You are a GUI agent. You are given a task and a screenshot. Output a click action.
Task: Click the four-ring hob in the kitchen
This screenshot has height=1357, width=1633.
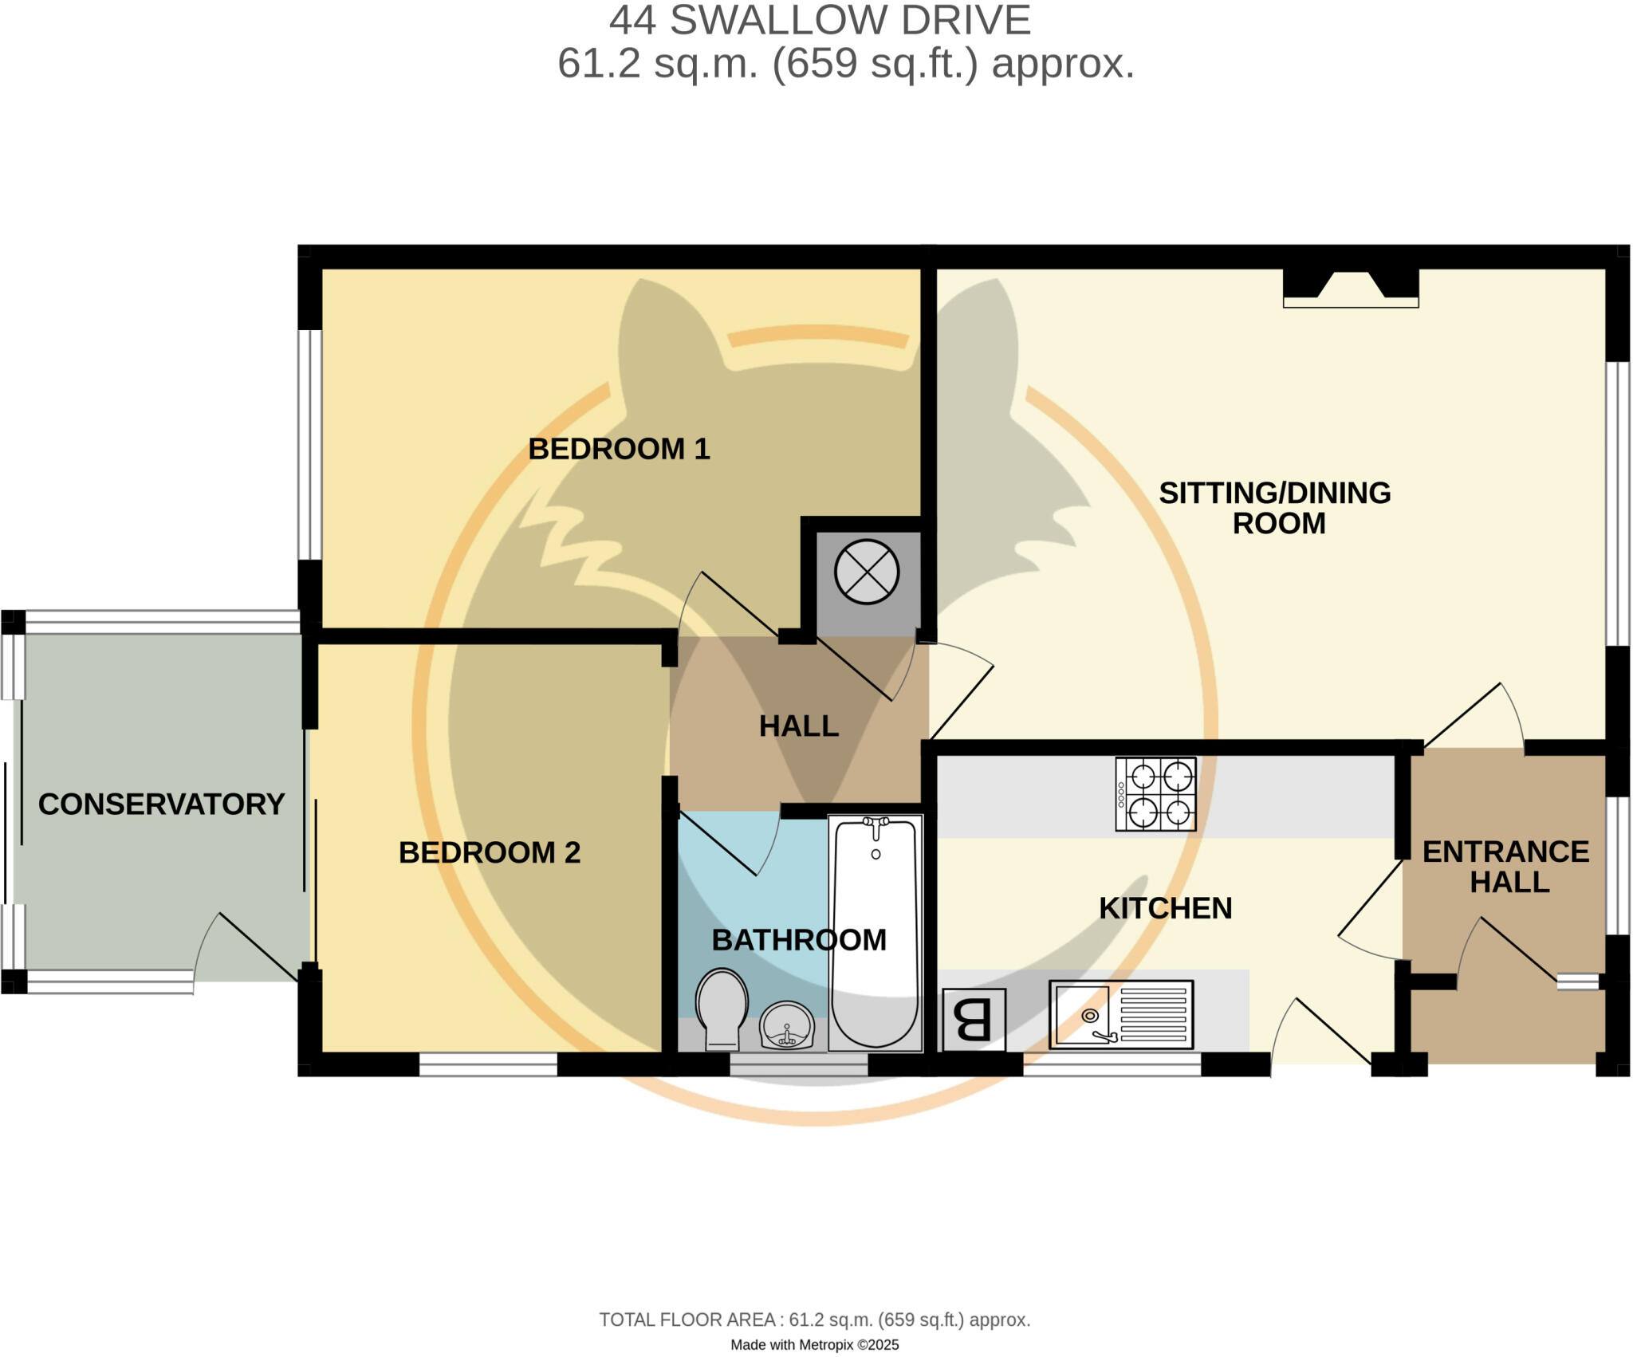click(x=1155, y=794)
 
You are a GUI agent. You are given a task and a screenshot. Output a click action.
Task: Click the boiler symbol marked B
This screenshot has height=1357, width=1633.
click(x=974, y=1020)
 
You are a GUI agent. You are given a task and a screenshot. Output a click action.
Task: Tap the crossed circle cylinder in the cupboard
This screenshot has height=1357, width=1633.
click(x=867, y=572)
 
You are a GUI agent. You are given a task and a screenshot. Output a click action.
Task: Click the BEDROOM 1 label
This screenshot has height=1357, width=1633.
click(x=619, y=449)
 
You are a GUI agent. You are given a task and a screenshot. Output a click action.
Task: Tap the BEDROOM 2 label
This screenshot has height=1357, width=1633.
click(x=489, y=852)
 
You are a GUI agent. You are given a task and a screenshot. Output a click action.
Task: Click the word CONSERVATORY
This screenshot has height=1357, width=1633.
click(x=161, y=804)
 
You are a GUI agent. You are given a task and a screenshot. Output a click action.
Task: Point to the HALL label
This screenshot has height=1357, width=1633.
click(x=798, y=726)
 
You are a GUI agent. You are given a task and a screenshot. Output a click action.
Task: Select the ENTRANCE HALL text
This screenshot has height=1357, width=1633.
click(x=1505, y=867)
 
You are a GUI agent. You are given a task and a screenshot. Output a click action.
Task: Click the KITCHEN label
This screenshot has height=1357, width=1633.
click(x=1165, y=908)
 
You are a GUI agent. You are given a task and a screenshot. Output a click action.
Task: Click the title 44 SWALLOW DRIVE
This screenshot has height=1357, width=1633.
click(x=820, y=21)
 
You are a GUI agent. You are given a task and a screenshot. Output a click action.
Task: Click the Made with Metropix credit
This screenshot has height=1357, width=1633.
click(x=814, y=1345)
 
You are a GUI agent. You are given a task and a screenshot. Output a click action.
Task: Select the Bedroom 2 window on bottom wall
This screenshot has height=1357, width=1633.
click(x=488, y=1064)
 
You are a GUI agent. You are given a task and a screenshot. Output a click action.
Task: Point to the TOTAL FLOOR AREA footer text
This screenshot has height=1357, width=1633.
click(x=814, y=1320)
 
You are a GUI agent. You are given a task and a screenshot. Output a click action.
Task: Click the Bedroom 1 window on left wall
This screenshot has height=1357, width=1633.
click(x=309, y=444)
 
